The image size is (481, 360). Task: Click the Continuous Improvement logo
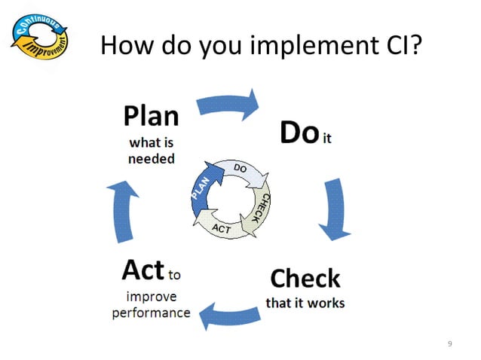(x=40, y=41)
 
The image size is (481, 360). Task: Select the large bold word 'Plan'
(x=152, y=116)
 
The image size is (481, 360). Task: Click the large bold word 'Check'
(x=305, y=279)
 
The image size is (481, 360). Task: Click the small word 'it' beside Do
(x=326, y=139)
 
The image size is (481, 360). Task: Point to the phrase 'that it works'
(x=305, y=303)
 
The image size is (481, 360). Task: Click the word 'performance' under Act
(x=151, y=312)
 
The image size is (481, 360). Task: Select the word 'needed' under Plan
(x=152, y=159)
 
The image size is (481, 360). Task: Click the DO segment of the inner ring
(x=243, y=171)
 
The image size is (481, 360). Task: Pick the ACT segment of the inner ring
(x=221, y=227)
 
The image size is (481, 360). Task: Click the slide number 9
(x=450, y=344)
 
